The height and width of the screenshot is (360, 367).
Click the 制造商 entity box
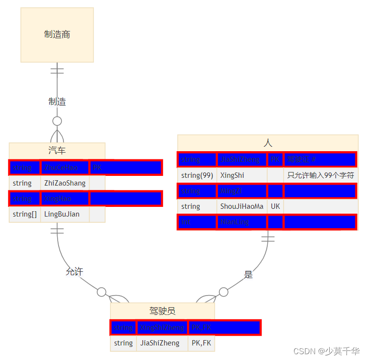(57, 35)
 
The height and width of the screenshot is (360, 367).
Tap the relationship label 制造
(57, 102)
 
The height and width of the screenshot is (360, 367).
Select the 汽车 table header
(57, 151)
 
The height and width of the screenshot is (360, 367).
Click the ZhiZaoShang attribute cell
(65, 183)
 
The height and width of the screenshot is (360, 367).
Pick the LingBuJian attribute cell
(62, 214)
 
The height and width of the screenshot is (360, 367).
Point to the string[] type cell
(25, 214)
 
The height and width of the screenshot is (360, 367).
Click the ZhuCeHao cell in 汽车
(64, 168)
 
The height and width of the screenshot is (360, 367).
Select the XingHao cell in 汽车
(64, 199)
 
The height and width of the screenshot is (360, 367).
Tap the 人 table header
(268, 143)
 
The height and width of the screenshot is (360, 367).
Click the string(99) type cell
(197, 175)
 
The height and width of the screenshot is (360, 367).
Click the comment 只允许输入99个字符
(321, 175)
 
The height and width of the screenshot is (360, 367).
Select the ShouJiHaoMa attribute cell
(242, 206)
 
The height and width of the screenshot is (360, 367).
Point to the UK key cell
(275, 206)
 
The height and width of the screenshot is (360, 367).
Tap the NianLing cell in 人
(242, 222)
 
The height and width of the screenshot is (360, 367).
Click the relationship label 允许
(75, 272)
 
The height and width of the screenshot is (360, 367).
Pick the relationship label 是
(248, 275)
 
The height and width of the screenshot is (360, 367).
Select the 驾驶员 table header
(162, 311)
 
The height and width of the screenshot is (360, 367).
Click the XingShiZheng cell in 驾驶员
(162, 328)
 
